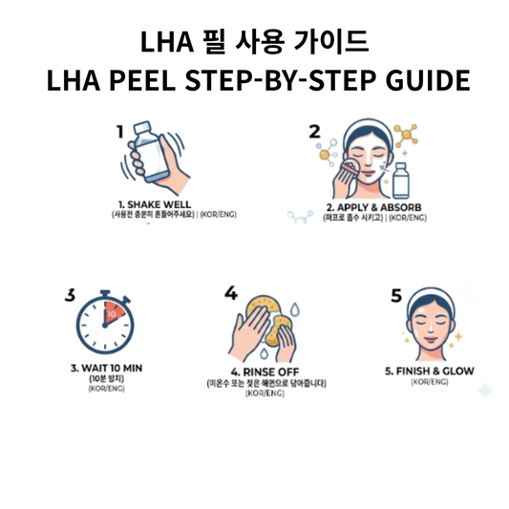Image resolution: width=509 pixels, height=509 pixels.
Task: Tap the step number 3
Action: (x=70, y=295)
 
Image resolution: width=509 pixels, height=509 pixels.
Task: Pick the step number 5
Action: (x=396, y=295)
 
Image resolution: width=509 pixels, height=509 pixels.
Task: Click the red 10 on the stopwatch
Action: (x=112, y=313)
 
